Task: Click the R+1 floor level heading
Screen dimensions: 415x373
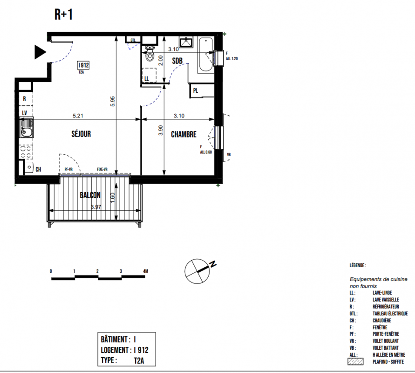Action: pos(63,14)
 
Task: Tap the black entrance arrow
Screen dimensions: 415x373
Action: pos(40,52)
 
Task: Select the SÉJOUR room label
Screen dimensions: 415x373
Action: pos(81,134)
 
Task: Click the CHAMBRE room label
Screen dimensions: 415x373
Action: pos(184,134)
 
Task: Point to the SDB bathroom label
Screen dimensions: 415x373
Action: pos(177,61)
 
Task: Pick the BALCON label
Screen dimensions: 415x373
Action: pos(90,195)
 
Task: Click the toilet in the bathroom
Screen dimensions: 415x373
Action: pos(150,53)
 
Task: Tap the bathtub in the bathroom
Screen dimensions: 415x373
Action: pos(206,55)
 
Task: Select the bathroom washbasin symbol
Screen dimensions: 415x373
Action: pos(186,42)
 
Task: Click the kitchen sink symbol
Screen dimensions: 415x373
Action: pos(26,128)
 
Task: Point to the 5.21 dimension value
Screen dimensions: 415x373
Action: pos(78,116)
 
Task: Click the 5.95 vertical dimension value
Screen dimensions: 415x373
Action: pos(113,101)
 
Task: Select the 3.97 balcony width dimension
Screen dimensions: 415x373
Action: pos(96,207)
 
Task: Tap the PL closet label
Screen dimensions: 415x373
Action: pos(196,90)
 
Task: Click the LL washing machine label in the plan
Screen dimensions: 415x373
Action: pos(147,79)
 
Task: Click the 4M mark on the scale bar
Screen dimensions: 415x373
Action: pos(146,271)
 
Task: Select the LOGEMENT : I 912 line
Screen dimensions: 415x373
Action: pos(125,350)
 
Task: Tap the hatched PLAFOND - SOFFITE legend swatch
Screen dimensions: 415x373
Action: pos(355,362)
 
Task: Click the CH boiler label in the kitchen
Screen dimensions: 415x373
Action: pos(38,169)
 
